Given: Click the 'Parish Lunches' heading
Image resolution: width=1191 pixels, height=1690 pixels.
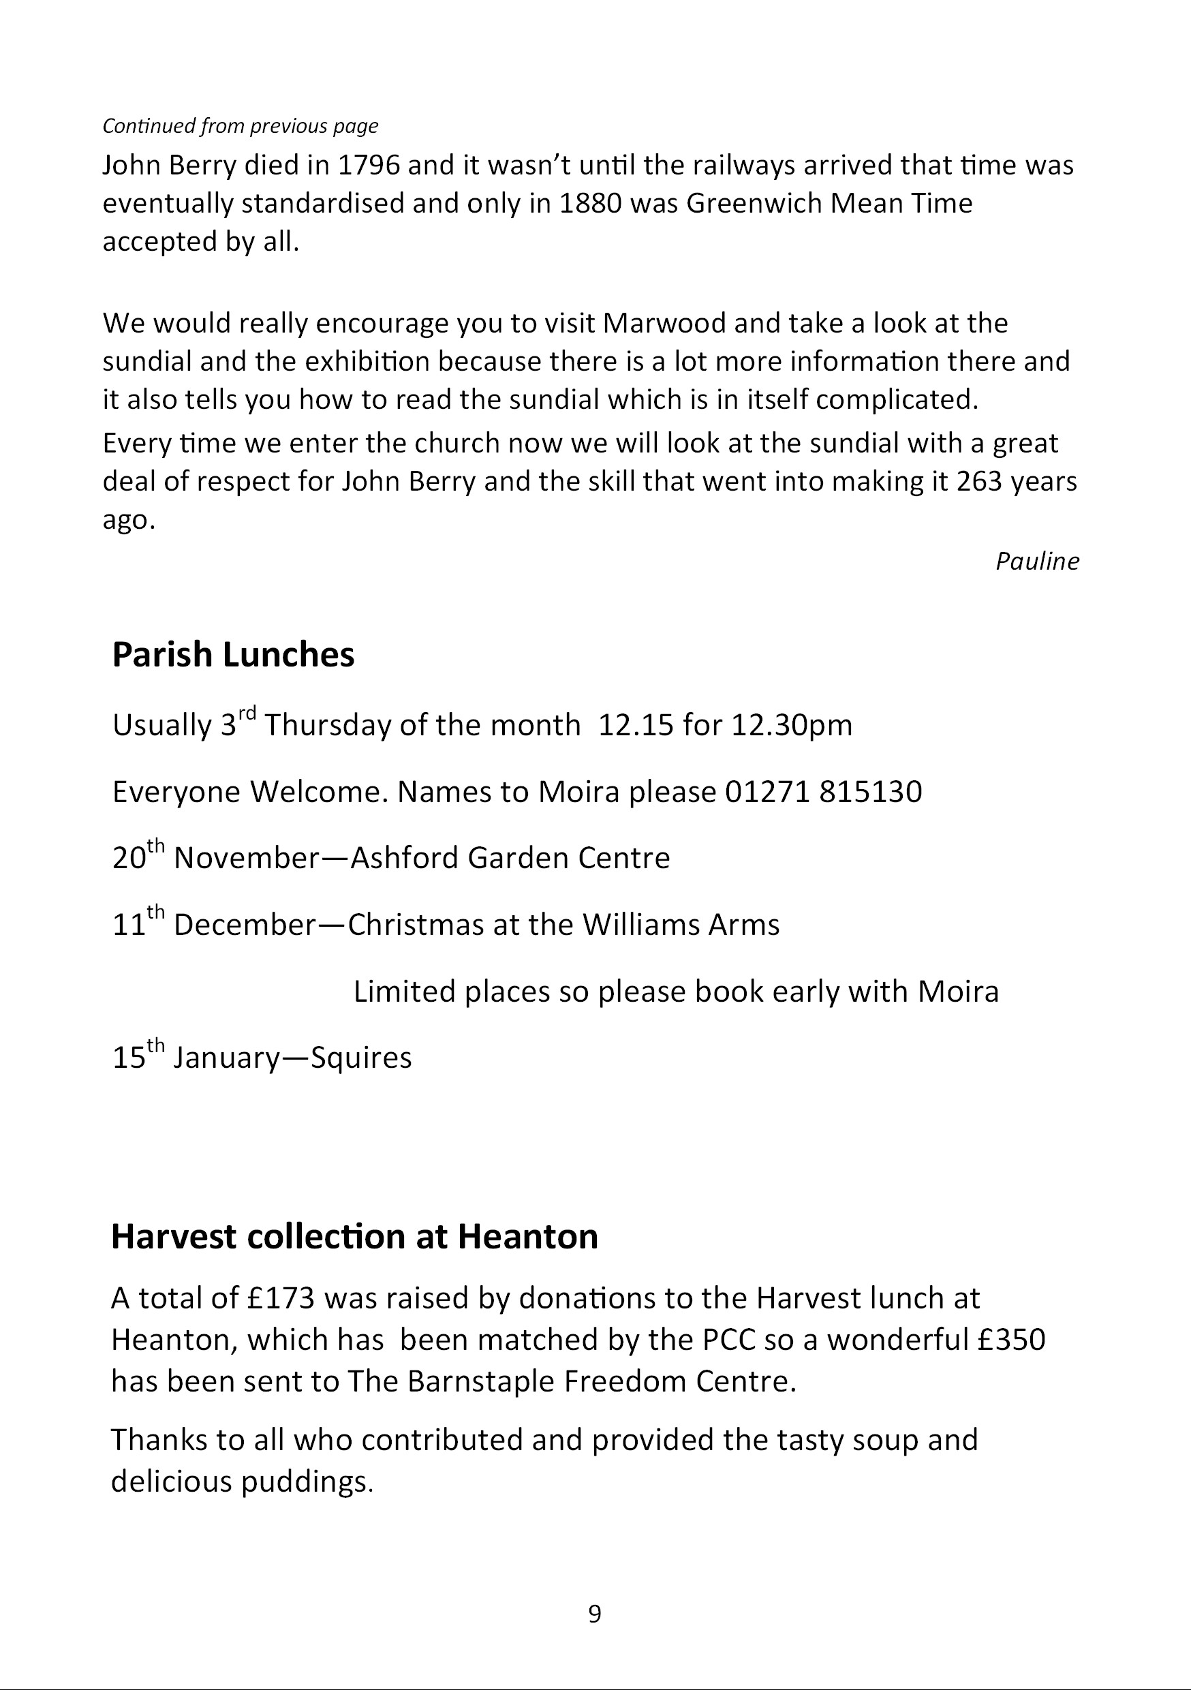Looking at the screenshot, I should pyautogui.click(x=232, y=654).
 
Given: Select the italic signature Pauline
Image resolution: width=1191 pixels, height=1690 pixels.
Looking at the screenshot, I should pyautogui.click(x=1036, y=562).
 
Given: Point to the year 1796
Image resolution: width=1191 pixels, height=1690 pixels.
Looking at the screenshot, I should pyautogui.click(x=369, y=165).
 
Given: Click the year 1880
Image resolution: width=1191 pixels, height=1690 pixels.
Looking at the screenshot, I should pyautogui.click(x=590, y=203).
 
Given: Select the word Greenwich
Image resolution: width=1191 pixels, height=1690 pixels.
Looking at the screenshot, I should pyautogui.click(x=754, y=203).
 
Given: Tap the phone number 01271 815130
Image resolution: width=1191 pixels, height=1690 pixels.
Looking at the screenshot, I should pyautogui.click(x=823, y=792).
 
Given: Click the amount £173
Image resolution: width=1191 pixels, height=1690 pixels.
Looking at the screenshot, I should pyautogui.click(x=281, y=1298).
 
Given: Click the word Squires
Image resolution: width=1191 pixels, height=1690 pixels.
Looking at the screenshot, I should pyautogui.click(x=361, y=1058).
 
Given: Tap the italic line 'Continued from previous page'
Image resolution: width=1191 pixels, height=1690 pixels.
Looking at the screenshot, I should pyautogui.click(x=240, y=126).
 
